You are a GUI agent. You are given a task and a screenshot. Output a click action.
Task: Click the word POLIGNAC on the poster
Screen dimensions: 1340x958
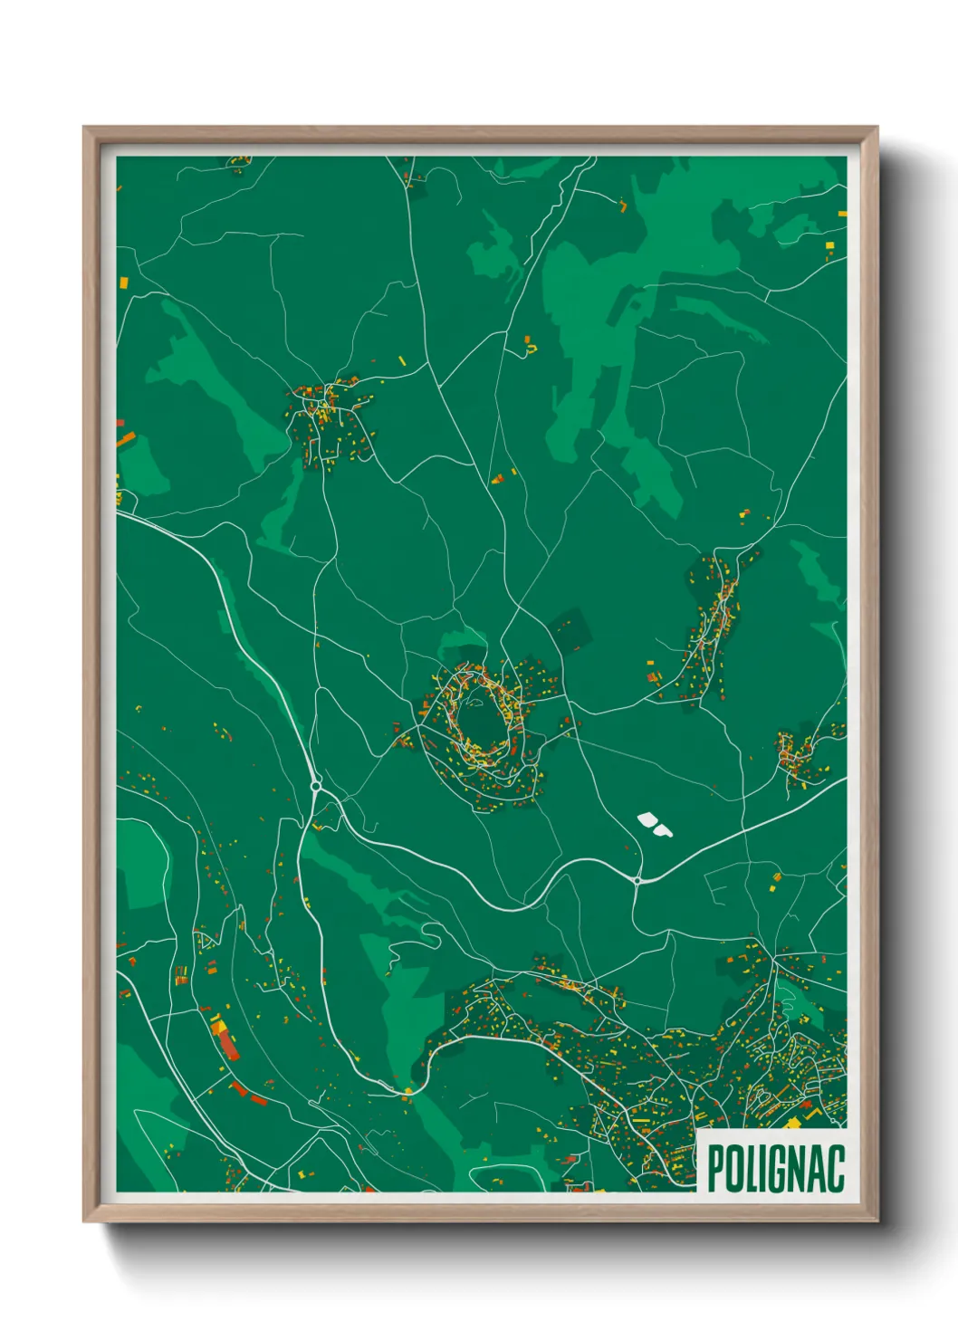[x=775, y=1168]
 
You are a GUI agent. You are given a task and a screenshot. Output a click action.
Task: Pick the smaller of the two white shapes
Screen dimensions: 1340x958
[x=665, y=829]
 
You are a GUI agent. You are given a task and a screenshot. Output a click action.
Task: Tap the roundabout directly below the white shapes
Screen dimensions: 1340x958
[x=637, y=879]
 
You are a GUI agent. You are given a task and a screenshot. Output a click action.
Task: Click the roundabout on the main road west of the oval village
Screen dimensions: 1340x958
[x=316, y=786]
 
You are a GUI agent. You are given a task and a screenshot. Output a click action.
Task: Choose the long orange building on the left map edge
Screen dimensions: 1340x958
[x=126, y=440]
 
